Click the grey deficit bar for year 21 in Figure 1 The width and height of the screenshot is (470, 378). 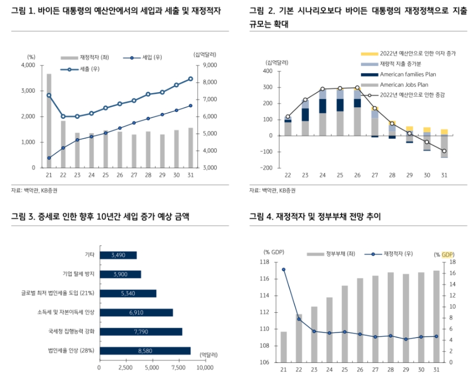coord(49,120)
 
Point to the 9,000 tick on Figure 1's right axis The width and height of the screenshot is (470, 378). coord(211,65)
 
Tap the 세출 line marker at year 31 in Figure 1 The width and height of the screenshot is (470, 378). coord(190,79)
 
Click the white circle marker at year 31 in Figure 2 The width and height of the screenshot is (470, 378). coord(444,151)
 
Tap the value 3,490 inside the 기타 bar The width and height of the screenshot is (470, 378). coord(118,255)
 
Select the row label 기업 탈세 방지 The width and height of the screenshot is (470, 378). coord(78,274)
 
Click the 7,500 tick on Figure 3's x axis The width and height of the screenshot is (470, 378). coord(179,367)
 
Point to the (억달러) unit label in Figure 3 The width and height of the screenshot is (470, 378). coord(209,354)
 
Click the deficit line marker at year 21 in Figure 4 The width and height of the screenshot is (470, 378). coord(283,269)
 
